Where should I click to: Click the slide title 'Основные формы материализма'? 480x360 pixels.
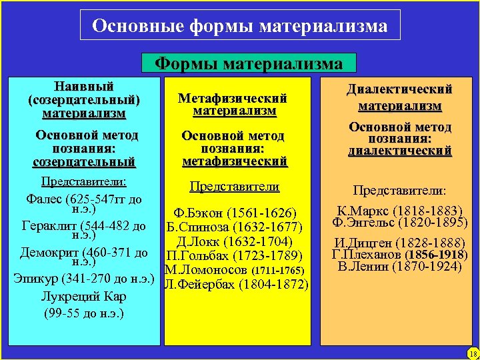[x=240, y=26]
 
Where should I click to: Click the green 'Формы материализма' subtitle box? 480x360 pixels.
[x=249, y=63]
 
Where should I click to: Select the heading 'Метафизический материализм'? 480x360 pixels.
[x=233, y=105]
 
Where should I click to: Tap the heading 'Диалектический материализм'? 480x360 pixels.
[x=399, y=97]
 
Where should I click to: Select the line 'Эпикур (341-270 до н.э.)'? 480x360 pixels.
[x=84, y=277]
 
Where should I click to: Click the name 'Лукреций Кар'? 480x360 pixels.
[x=83, y=296]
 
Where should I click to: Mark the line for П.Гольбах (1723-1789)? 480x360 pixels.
[x=234, y=256]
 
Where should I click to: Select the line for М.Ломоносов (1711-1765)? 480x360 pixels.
[x=234, y=271]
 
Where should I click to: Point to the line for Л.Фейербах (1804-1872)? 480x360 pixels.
[x=235, y=285]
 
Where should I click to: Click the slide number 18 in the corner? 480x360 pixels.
[x=471, y=353]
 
